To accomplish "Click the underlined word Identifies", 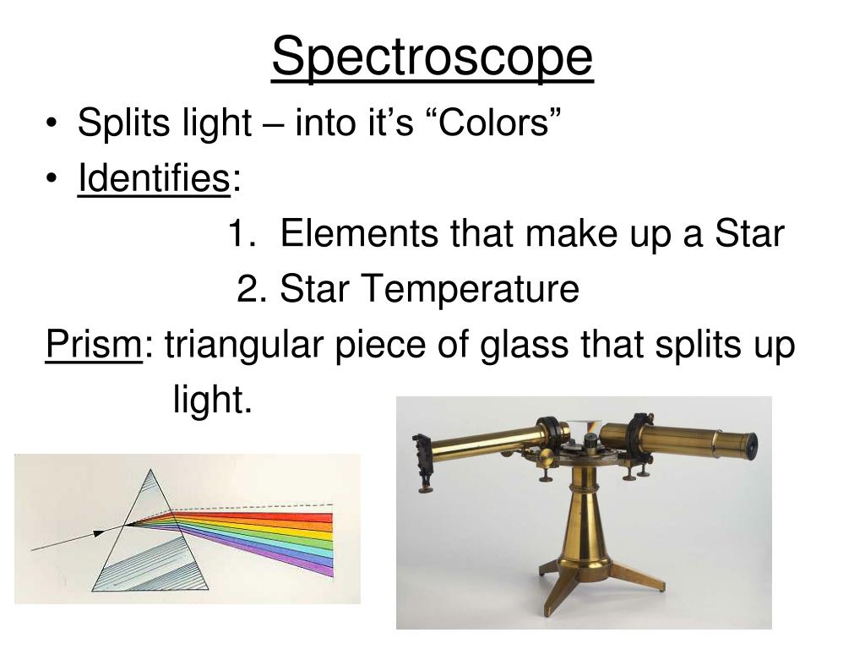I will tap(153, 179).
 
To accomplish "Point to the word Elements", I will tap(358, 234).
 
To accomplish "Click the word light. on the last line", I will tap(213, 399).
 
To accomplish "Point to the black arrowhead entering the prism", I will tap(100, 533).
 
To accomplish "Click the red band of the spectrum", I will tap(279, 516).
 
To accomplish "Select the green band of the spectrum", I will tap(287, 538).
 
